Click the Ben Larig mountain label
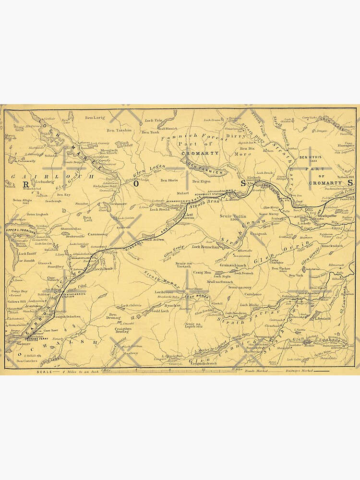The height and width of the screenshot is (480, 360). coord(95,117)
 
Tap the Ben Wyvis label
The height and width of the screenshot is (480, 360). coord(310,157)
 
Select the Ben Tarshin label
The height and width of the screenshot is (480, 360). coord(119,130)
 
